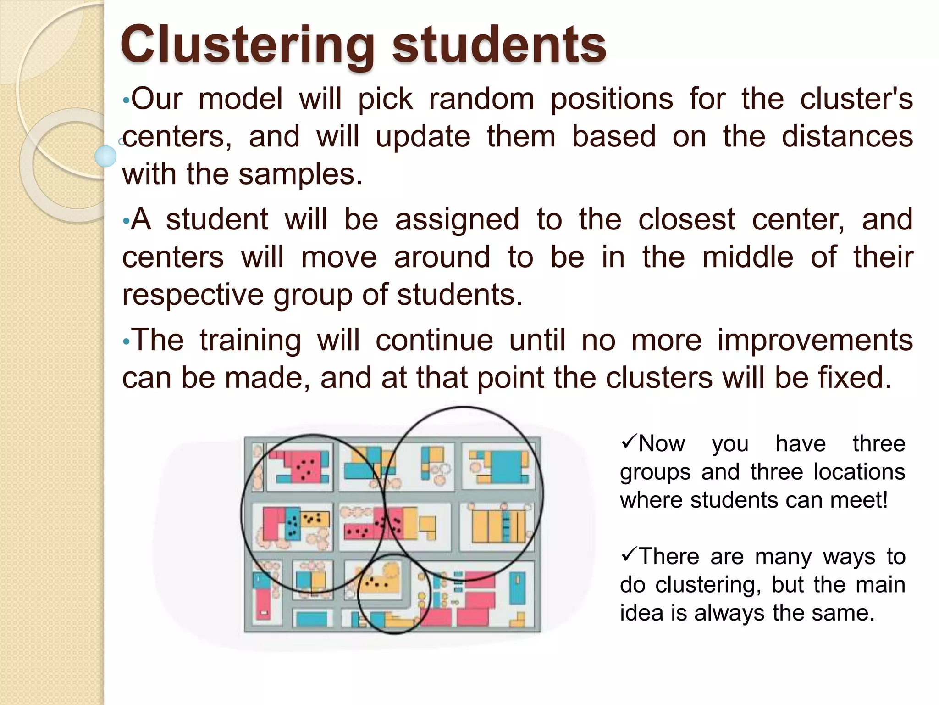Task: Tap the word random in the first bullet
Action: click(x=481, y=99)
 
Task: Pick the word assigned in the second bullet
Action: click(x=457, y=219)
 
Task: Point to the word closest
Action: click(x=686, y=219)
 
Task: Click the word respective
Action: click(x=193, y=295)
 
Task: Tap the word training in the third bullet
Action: click(x=250, y=340)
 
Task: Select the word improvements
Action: click(x=815, y=340)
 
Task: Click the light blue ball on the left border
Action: click(x=105, y=156)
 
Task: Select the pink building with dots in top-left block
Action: click(x=303, y=466)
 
